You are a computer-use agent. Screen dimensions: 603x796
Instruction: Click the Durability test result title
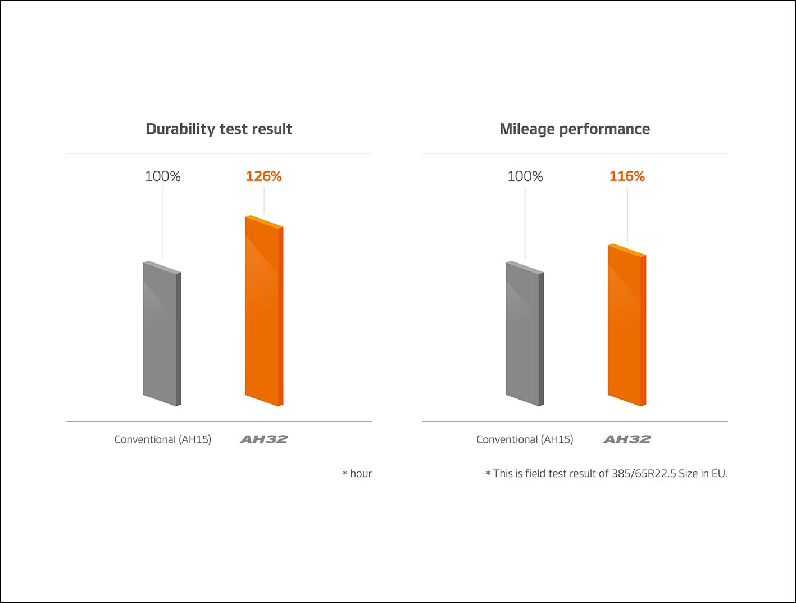coord(219,129)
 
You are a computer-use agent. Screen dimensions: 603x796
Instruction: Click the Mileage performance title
coord(575,129)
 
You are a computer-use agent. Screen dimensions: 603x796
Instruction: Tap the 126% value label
coord(263,176)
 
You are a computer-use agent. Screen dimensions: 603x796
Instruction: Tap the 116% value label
coord(627,176)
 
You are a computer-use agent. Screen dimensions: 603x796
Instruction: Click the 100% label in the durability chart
coord(163,176)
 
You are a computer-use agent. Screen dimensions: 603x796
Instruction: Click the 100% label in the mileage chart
coord(525,176)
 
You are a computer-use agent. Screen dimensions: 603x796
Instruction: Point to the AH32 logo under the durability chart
coord(264,439)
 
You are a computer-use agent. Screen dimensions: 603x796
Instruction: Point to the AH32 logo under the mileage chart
coord(627,439)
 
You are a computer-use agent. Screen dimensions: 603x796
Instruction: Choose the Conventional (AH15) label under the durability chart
coord(163,439)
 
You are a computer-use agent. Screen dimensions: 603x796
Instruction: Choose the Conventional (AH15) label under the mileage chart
coord(525,439)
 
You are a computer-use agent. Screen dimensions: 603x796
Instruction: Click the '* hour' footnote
coord(357,474)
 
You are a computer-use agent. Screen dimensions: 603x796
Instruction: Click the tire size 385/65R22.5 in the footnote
coord(644,474)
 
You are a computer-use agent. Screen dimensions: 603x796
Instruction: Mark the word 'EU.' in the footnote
coord(719,474)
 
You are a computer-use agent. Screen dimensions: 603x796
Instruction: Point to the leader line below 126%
coord(264,200)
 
